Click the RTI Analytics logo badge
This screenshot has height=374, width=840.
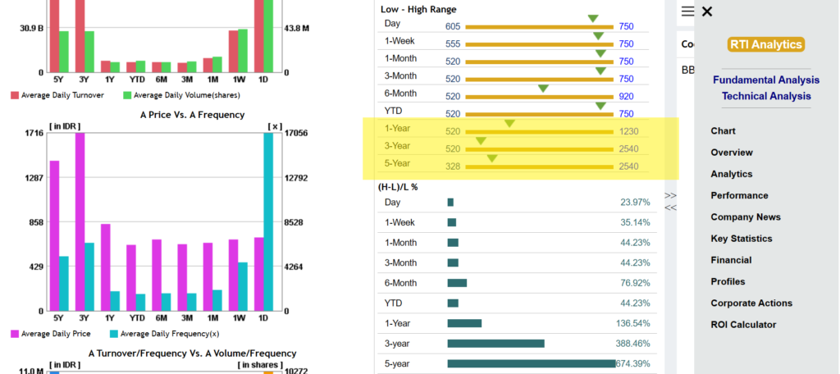point(766,44)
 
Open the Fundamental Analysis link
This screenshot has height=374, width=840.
point(766,80)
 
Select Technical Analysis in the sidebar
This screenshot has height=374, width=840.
point(766,96)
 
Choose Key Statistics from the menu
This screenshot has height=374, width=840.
point(742,239)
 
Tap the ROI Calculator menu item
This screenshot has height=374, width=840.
point(743,324)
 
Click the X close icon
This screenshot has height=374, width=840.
point(707,11)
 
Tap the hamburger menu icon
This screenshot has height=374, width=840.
point(688,11)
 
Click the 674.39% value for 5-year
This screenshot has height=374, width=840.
point(633,364)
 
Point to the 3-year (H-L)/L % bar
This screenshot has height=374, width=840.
point(496,344)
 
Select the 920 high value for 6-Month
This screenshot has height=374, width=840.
point(626,97)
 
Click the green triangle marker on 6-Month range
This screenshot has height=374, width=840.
point(543,89)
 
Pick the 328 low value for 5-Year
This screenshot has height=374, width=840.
point(453,166)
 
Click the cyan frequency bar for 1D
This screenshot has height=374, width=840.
point(268,221)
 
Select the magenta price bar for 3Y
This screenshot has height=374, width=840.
point(80,221)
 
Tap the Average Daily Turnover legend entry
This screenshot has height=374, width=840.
point(57,95)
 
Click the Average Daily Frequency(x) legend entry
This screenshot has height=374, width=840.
point(164,334)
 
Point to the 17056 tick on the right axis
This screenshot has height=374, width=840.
point(294,134)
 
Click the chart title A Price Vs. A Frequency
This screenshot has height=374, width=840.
point(192,115)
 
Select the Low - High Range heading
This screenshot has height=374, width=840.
point(418,9)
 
